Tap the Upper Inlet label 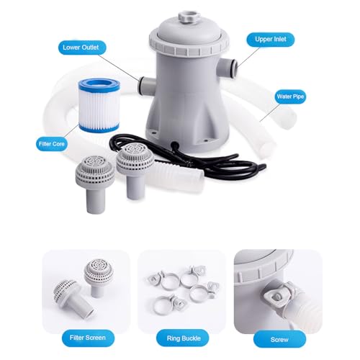(x=271, y=40)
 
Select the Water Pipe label (x=290, y=96)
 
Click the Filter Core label (x=52, y=144)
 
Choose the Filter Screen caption (x=88, y=338)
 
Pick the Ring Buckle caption (x=184, y=338)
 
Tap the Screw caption (x=279, y=339)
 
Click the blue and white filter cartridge (x=99, y=105)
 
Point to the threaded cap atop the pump (x=189, y=17)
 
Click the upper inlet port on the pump (x=228, y=67)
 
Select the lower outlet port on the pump (x=147, y=86)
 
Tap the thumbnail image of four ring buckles (x=181, y=292)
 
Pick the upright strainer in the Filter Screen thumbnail (x=98, y=276)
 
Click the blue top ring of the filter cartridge (x=99, y=84)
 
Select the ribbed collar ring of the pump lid (x=189, y=45)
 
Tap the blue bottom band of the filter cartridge (x=99, y=128)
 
